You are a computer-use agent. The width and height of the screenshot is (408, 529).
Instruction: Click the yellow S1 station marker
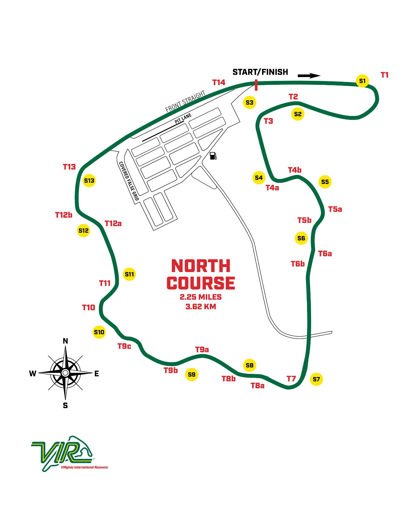362,81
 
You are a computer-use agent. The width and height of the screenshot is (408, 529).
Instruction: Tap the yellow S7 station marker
316,379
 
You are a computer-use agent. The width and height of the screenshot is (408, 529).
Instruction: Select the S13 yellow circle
89,180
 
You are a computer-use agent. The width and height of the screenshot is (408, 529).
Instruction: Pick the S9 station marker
192,374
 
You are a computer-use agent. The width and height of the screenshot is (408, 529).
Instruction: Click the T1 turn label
384,75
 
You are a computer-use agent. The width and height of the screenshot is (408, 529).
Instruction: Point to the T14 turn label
219,83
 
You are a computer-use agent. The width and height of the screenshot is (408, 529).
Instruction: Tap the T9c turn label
124,346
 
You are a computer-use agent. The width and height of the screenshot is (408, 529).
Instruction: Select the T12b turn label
64,215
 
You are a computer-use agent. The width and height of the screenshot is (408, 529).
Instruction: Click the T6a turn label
325,254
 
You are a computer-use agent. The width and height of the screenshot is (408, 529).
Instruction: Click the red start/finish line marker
256,85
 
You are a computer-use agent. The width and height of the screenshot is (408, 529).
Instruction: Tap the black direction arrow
309,76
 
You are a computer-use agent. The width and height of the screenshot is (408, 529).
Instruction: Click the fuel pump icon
213,156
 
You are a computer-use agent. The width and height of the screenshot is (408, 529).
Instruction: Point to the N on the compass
66,341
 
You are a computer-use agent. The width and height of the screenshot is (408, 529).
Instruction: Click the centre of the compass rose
65,373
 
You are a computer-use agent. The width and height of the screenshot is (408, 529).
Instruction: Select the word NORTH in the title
201,266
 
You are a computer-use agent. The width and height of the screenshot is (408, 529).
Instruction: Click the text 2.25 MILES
201,297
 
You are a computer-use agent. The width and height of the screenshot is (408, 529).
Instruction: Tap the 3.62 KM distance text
201,307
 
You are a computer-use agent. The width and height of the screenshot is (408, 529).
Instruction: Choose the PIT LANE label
183,119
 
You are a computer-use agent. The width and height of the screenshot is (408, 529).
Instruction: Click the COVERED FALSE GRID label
129,181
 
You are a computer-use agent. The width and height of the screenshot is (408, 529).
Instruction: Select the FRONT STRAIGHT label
185,101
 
